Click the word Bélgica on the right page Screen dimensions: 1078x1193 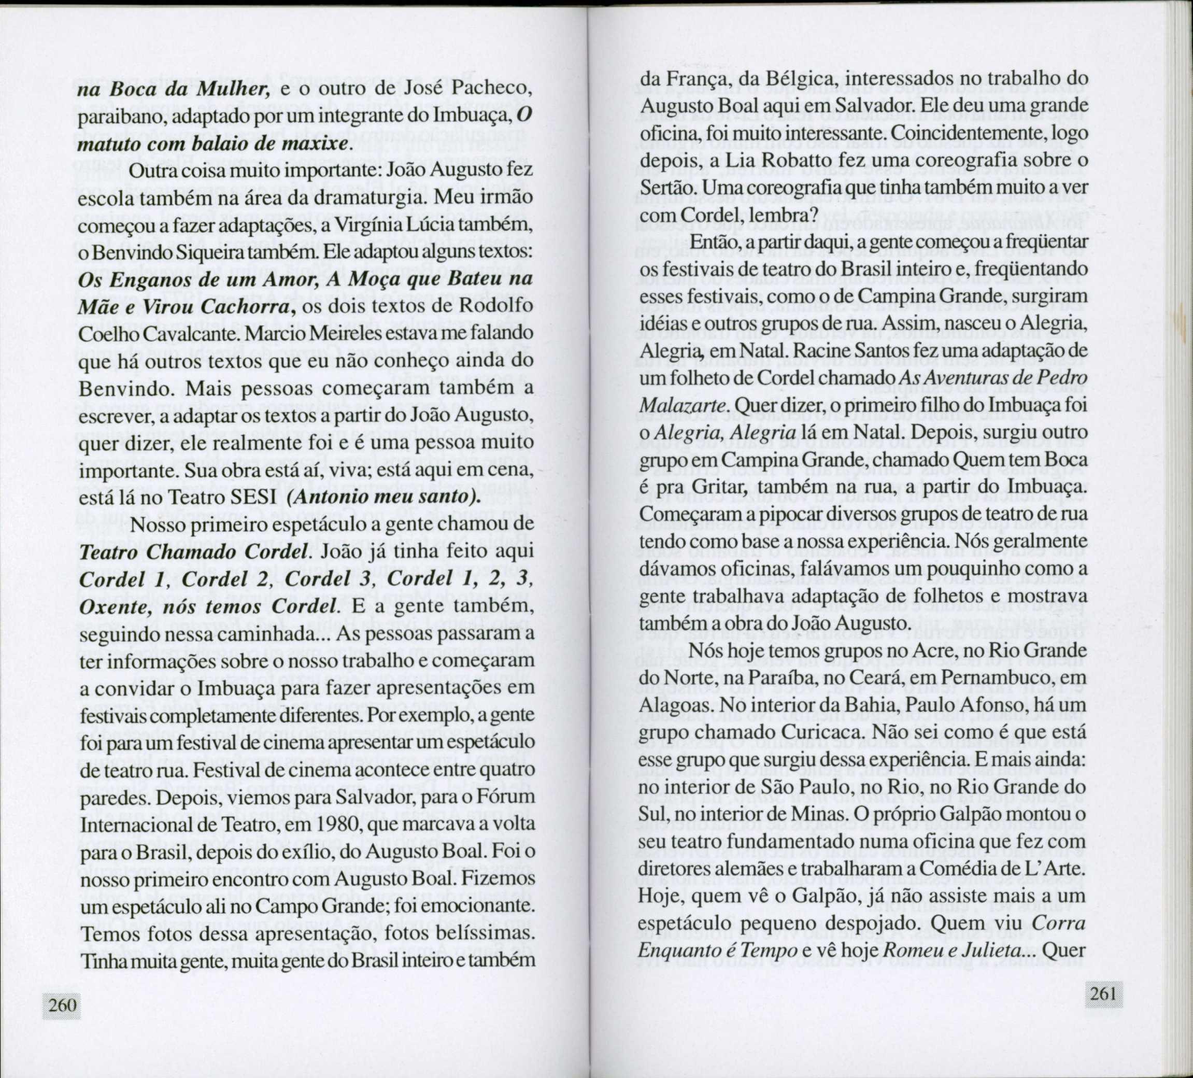[x=789, y=78]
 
